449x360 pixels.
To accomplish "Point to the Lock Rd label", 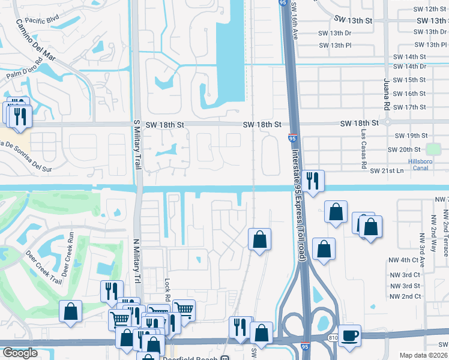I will point(167,288).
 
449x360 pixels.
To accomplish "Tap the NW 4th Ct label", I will point(403,260).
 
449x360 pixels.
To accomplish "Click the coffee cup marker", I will point(349,335).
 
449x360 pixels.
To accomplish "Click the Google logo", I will point(20,353).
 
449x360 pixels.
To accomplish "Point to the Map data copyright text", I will point(423,355).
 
